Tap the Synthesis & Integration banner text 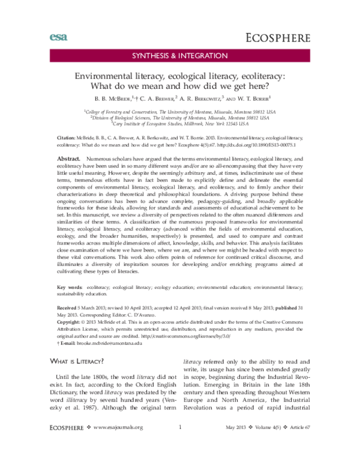tap(180, 57)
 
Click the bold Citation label tap(60, 138)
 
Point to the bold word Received tap(61, 306)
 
